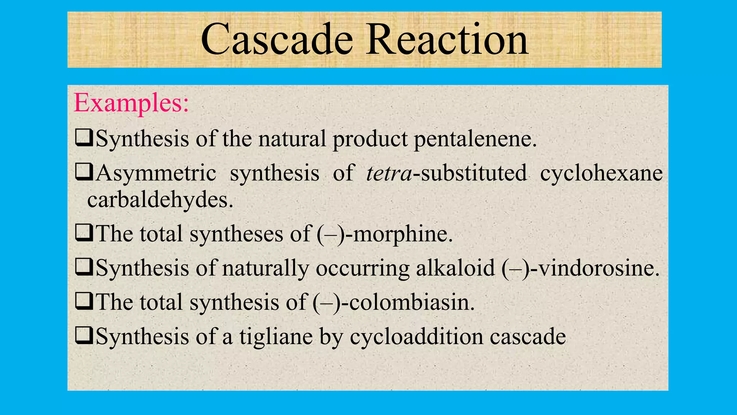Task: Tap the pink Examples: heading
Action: click(131, 103)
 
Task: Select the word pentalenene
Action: click(475, 139)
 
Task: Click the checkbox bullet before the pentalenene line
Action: click(84, 138)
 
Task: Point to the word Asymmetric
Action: click(156, 173)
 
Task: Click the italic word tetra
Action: click(389, 173)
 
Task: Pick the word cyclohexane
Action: click(601, 173)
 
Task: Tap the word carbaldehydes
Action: click(160, 200)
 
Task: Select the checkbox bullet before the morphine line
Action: click(84, 233)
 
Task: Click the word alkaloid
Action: click(455, 268)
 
